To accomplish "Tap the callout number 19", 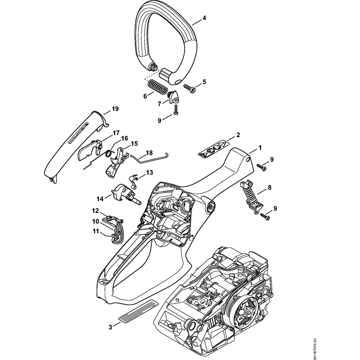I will pos(115,109).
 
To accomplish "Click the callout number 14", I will pos(99,198).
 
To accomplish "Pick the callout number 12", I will pos(95,210).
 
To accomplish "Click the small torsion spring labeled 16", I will pos(108,153).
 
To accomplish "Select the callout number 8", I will pos(269,187).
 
